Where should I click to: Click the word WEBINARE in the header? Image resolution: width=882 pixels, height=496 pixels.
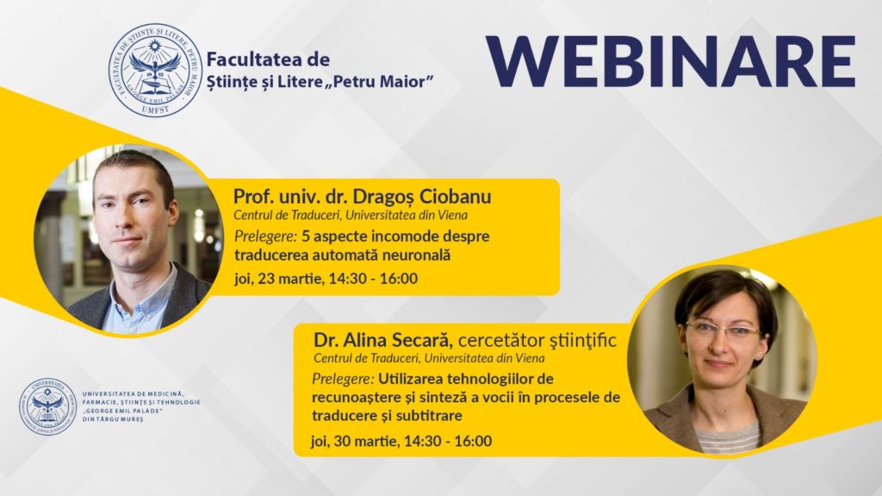[670, 62]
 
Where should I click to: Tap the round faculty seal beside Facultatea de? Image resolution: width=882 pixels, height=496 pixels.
[155, 70]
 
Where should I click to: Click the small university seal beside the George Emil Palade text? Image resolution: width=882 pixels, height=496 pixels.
[48, 404]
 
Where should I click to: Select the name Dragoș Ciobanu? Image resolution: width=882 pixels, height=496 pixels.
[432, 197]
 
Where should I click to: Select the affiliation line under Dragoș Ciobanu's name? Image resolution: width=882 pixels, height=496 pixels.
[351, 215]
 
